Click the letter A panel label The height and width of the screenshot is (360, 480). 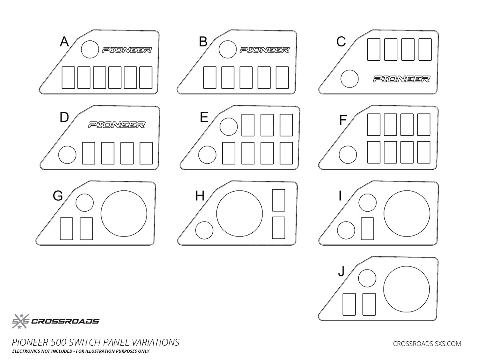(x=64, y=42)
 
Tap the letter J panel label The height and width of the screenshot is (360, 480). (x=341, y=272)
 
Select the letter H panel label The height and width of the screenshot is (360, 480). (x=200, y=196)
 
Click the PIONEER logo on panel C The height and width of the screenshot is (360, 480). (x=401, y=79)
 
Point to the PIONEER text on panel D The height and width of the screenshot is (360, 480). (x=116, y=125)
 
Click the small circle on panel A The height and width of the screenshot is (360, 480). (x=90, y=49)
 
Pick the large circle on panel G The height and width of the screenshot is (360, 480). (x=124, y=213)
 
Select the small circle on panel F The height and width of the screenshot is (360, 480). (x=348, y=155)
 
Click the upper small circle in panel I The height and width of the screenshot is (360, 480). (x=368, y=202)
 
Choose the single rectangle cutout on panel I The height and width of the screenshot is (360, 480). (x=367, y=228)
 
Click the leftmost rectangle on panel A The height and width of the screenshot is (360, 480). (x=68, y=78)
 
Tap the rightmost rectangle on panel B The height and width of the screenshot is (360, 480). (x=282, y=78)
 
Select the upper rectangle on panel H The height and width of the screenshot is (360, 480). (x=278, y=200)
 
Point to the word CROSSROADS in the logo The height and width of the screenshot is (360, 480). (x=65, y=321)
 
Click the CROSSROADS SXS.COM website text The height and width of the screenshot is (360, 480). (x=427, y=343)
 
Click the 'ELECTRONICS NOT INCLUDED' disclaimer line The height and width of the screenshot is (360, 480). (x=81, y=351)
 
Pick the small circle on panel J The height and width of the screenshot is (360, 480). (x=367, y=278)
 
